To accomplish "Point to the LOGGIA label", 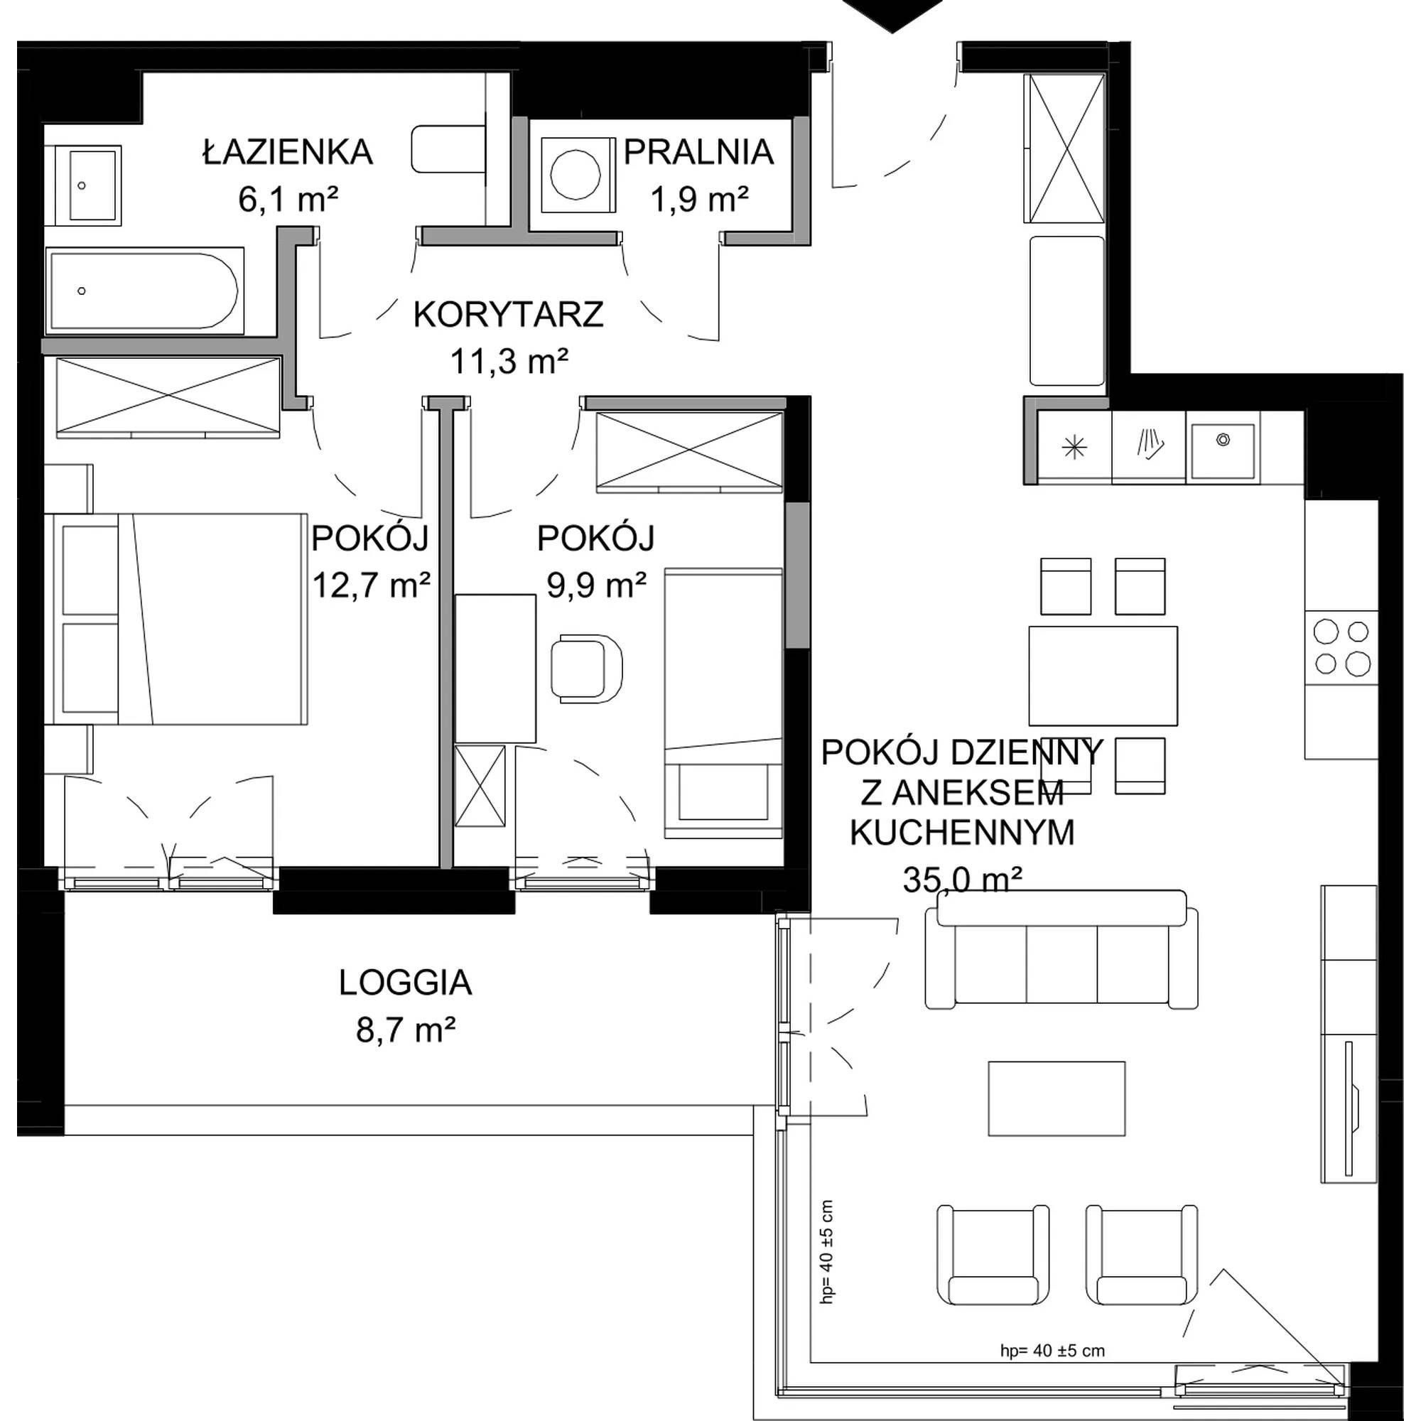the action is (410, 995).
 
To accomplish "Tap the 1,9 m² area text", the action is (708, 200).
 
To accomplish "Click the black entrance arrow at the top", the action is (904, 15).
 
